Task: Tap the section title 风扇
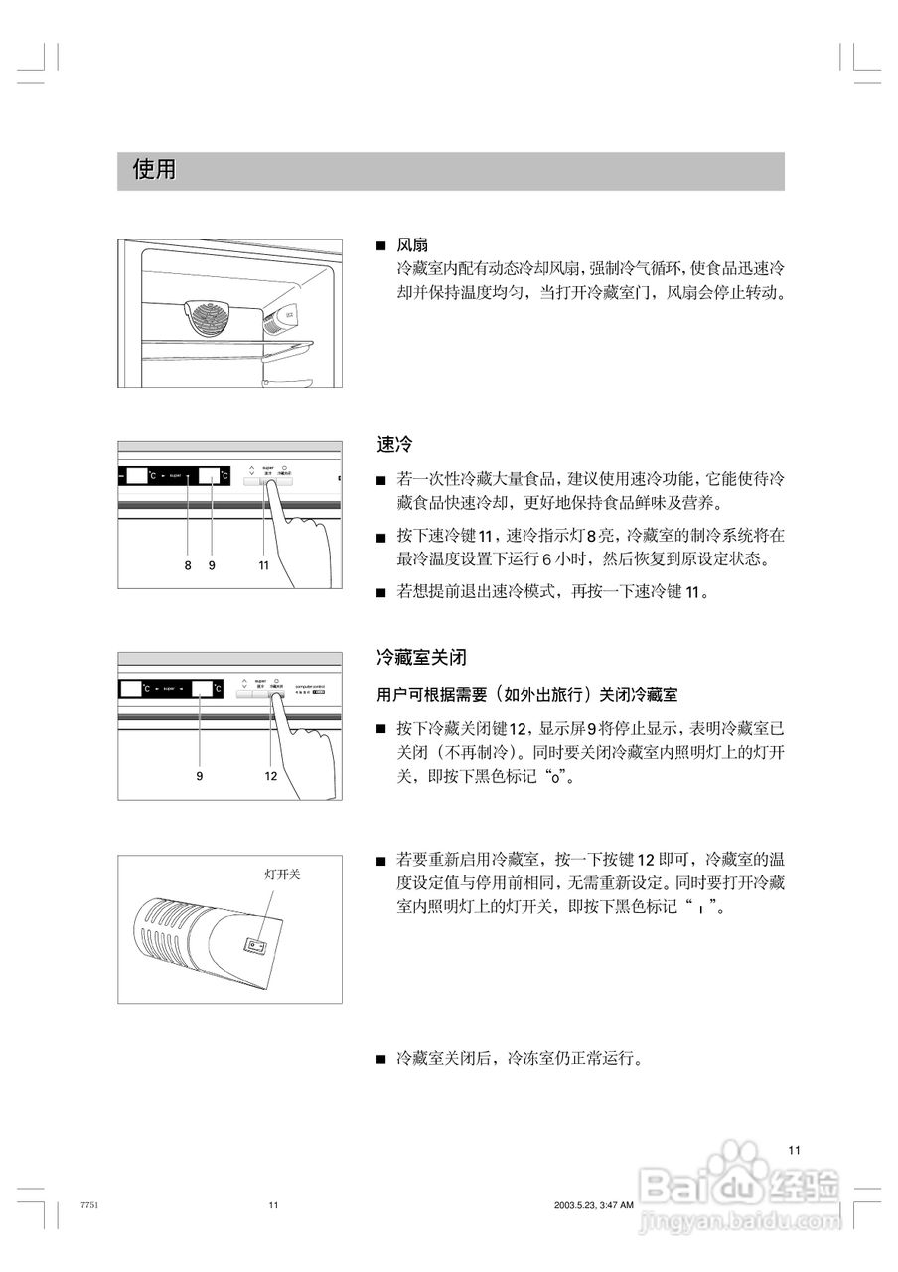click(412, 245)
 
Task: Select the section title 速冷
click(394, 444)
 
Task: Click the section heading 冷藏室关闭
click(421, 658)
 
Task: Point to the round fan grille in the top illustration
click(212, 318)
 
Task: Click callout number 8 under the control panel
click(187, 565)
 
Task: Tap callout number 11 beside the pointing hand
click(263, 565)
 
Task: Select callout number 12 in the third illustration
click(270, 776)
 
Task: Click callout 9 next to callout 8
click(212, 565)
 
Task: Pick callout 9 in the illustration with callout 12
click(200, 776)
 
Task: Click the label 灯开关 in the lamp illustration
click(281, 874)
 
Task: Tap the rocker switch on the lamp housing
click(256, 945)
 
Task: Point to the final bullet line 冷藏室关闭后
click(519, 1059)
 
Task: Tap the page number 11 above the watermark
click(794, 1150)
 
